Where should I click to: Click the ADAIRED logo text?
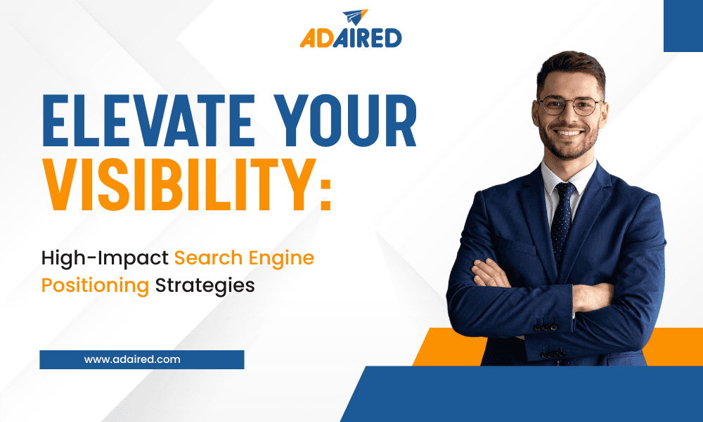351,38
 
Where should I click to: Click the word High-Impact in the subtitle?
105,257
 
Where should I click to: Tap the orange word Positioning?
95,286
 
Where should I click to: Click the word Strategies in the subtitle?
205,286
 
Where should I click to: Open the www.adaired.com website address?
132,359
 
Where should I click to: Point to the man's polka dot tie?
562,211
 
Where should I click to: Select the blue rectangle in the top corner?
683,26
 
